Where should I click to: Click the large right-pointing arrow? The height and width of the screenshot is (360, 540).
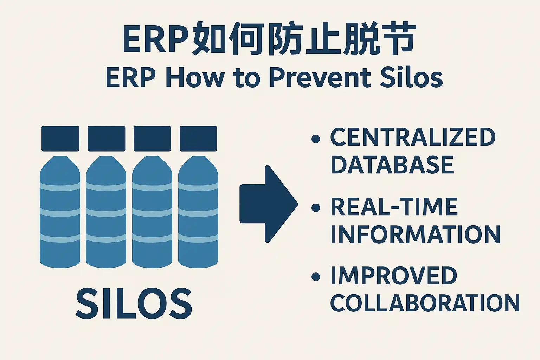[x=269, y=204]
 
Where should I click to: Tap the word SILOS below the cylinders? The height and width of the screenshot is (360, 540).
[x=134, y=303]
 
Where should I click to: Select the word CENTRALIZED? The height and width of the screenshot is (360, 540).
[x=413, y=137]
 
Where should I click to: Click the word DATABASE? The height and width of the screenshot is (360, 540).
[x=392, y=165]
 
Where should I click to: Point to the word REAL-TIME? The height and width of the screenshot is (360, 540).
[x=394, y=206]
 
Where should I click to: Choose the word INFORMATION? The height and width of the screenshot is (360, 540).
[x=416, y=234]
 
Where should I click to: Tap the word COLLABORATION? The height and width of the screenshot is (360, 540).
[x=425, y=303]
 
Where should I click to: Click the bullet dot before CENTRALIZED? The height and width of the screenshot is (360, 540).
[x=316, y=139]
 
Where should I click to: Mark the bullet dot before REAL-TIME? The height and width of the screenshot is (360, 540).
[x=316, y=208]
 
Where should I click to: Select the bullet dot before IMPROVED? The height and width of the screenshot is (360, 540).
[x=316, y=277]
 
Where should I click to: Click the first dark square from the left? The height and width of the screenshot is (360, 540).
[x=60, y=139]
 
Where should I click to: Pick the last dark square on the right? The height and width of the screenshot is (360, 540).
[x=198, y=139]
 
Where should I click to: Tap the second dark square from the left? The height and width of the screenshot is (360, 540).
[x=106, y=139]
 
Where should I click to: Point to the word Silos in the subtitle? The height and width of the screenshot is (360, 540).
[x=412, y=78]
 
